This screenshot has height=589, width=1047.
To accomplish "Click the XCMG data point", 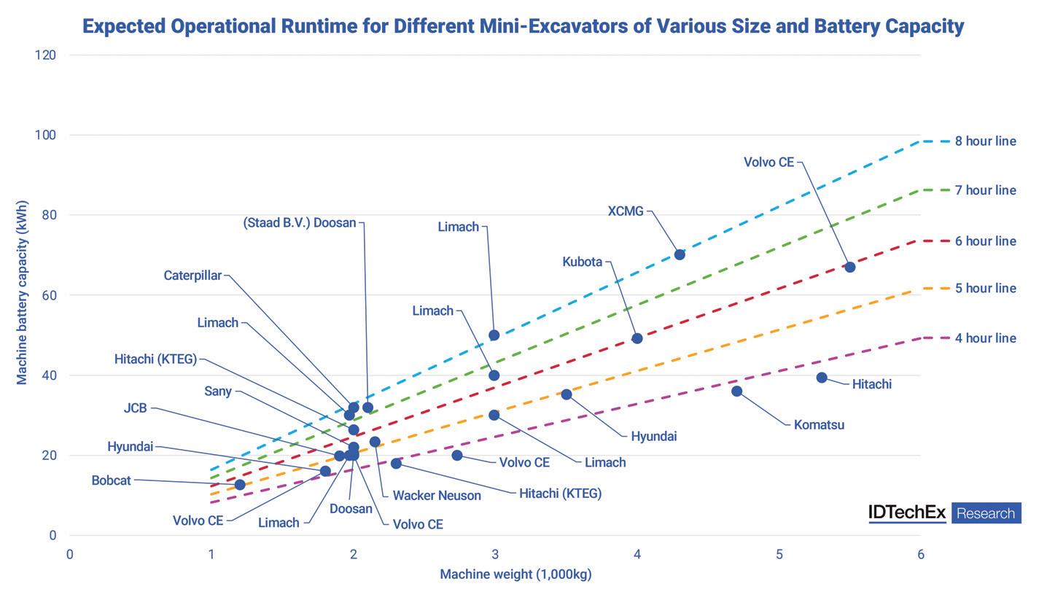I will point(680,254).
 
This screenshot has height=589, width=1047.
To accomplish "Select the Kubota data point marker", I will point(637,338).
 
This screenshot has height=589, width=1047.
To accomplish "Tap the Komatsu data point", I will point(736,391).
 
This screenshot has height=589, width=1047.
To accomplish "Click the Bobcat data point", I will point(240,485).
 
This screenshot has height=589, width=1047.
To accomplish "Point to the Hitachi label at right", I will point(871,384).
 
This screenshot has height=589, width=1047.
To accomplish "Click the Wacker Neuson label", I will point(437,496).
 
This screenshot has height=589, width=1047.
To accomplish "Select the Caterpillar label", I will point(192,276).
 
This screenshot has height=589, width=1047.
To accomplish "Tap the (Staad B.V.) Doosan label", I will point(300,223).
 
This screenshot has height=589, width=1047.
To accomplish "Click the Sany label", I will point(218,391).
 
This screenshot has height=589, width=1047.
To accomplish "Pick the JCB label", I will point(136,408).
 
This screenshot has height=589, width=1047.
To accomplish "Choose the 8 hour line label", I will point(985,141).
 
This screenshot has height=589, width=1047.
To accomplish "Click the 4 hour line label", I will point(985,338).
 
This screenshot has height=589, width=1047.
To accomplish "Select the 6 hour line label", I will point(985,241).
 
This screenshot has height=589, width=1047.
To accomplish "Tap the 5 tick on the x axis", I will point(779,555).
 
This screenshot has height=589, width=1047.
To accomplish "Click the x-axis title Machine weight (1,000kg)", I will point(515,574).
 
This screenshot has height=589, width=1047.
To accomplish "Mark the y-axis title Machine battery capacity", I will point(22,292).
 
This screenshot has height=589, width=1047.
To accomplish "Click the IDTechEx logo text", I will point(907,512).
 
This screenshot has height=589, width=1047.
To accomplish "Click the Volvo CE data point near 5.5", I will point(849,267).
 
